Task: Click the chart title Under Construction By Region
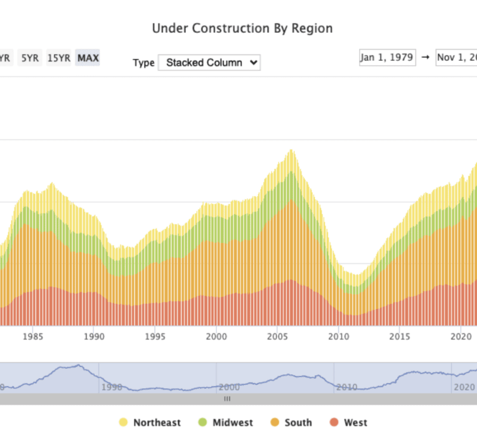coord(242,28)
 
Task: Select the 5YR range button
coord(29,58)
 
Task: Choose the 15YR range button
coord(58,58)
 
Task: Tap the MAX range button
coord(88,58)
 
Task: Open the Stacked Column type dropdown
coord(209,62)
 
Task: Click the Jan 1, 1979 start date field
coord(388,57)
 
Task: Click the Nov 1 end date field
coord(457,57)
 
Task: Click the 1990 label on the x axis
coord(94,336)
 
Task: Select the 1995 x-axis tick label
coord(155,336)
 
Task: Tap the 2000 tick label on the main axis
coord(216,336)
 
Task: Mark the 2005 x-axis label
coord(277,336)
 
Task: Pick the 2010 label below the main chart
coord(338,336)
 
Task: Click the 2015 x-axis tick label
coord(399,336)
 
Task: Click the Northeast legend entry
coord(150,422)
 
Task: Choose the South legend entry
coord(291,422)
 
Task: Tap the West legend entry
coord(348,422)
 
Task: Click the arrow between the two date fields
coord(426,57)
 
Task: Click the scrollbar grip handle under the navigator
coord(227,399)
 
